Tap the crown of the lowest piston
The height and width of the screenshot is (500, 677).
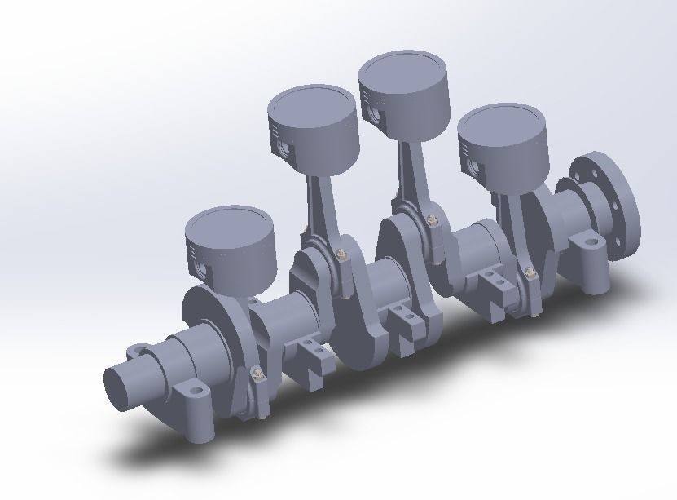click(227, 225)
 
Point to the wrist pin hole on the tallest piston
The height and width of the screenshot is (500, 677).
click(376, 113)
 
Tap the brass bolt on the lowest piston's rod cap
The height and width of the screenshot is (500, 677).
click(259, 374)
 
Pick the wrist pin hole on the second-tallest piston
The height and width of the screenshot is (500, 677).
click(284, 150)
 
